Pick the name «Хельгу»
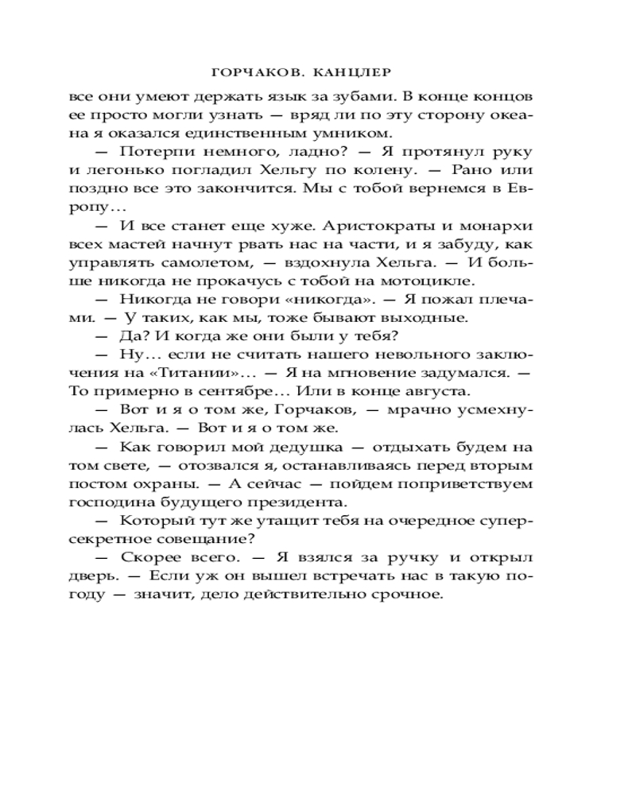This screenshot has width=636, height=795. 298,170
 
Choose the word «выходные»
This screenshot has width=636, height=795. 429,318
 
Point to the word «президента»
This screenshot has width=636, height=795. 308,502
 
